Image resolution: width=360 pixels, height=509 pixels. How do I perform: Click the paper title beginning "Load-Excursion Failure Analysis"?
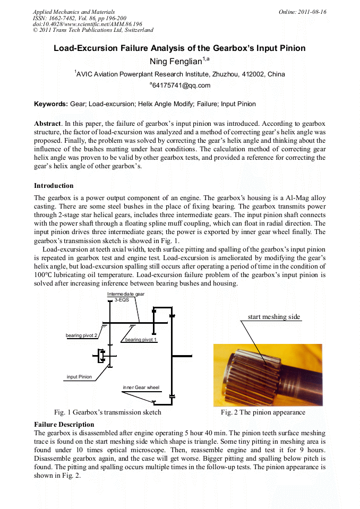179,48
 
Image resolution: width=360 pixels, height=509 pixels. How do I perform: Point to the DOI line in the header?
88,24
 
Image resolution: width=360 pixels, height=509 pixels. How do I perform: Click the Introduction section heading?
54,186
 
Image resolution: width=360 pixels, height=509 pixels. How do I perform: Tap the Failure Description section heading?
64,425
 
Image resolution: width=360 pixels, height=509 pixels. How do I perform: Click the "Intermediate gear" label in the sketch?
126,294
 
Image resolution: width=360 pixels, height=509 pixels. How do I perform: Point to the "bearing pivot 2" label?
81,335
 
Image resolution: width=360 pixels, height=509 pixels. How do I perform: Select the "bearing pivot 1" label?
141,339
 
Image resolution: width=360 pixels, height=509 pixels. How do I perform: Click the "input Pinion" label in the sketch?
79,377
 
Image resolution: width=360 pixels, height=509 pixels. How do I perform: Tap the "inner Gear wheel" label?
141,387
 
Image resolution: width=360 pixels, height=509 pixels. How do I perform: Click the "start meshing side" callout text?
273,317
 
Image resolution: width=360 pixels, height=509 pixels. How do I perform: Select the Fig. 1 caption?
108,412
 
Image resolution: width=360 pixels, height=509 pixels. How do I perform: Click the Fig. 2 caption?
263,412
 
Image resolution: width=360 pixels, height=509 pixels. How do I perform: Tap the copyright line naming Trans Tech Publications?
93,30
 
